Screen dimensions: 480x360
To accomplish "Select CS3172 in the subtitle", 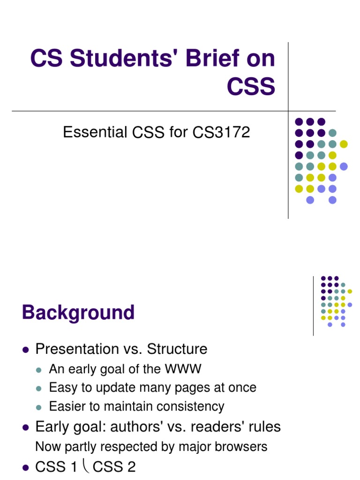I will point(221,133).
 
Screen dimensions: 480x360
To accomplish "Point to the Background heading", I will point(78,313).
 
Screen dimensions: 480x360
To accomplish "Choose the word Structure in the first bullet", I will point(177,349).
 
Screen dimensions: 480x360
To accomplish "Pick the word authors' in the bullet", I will point(137,427).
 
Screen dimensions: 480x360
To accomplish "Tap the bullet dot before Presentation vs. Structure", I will point(26,350).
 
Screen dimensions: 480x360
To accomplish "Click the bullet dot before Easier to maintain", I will point(39,407).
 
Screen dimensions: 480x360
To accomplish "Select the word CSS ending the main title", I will point(251,87).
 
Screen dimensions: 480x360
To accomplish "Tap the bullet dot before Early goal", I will point(26,427).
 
